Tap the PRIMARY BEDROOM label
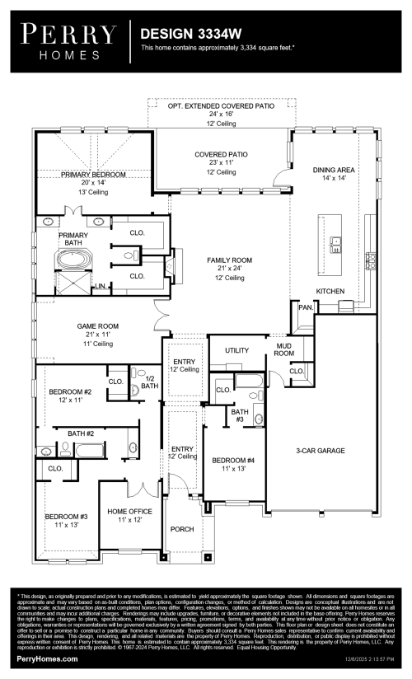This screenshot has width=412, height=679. coord(93,175)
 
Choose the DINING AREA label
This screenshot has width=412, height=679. coord(335,170)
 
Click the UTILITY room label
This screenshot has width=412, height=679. coord(236,350)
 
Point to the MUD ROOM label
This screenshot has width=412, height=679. coord(284,349)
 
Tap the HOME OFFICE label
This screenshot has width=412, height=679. coord(129,512)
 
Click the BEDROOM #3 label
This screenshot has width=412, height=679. coord(66,517)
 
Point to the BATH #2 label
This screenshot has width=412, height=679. coord(81,433)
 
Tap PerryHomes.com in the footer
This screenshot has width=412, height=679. coord(47,660)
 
